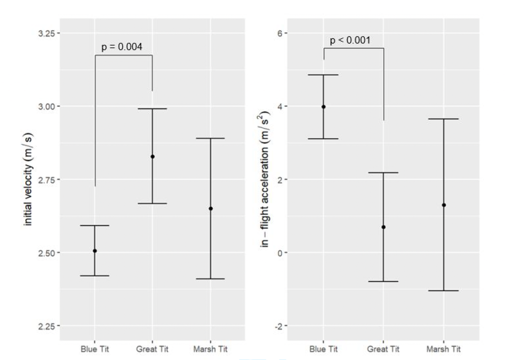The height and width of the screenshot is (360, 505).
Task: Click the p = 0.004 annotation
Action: click(122, 47)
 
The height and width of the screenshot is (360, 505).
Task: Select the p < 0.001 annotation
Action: click(350, 40)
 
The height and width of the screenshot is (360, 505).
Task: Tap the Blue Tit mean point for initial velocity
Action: click(95, 251)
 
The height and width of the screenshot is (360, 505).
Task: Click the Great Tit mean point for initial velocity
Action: click(152, 157)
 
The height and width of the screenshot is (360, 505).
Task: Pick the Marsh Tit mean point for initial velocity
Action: click(210, 208)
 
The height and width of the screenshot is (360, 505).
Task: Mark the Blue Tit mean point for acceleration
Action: click(323, 107)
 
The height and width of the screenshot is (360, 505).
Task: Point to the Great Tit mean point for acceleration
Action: click(383, 227)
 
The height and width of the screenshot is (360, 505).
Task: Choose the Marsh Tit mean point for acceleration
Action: click(443, 205)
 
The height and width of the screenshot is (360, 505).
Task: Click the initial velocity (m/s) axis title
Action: click(28, 180)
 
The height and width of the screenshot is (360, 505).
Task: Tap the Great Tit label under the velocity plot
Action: click(152, 349)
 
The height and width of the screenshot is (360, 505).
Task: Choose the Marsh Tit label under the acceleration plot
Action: click(443, 349)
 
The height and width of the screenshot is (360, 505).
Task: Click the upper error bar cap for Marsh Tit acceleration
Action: click(443, 119)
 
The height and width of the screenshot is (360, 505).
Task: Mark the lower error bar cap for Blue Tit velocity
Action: click(95, 276)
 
